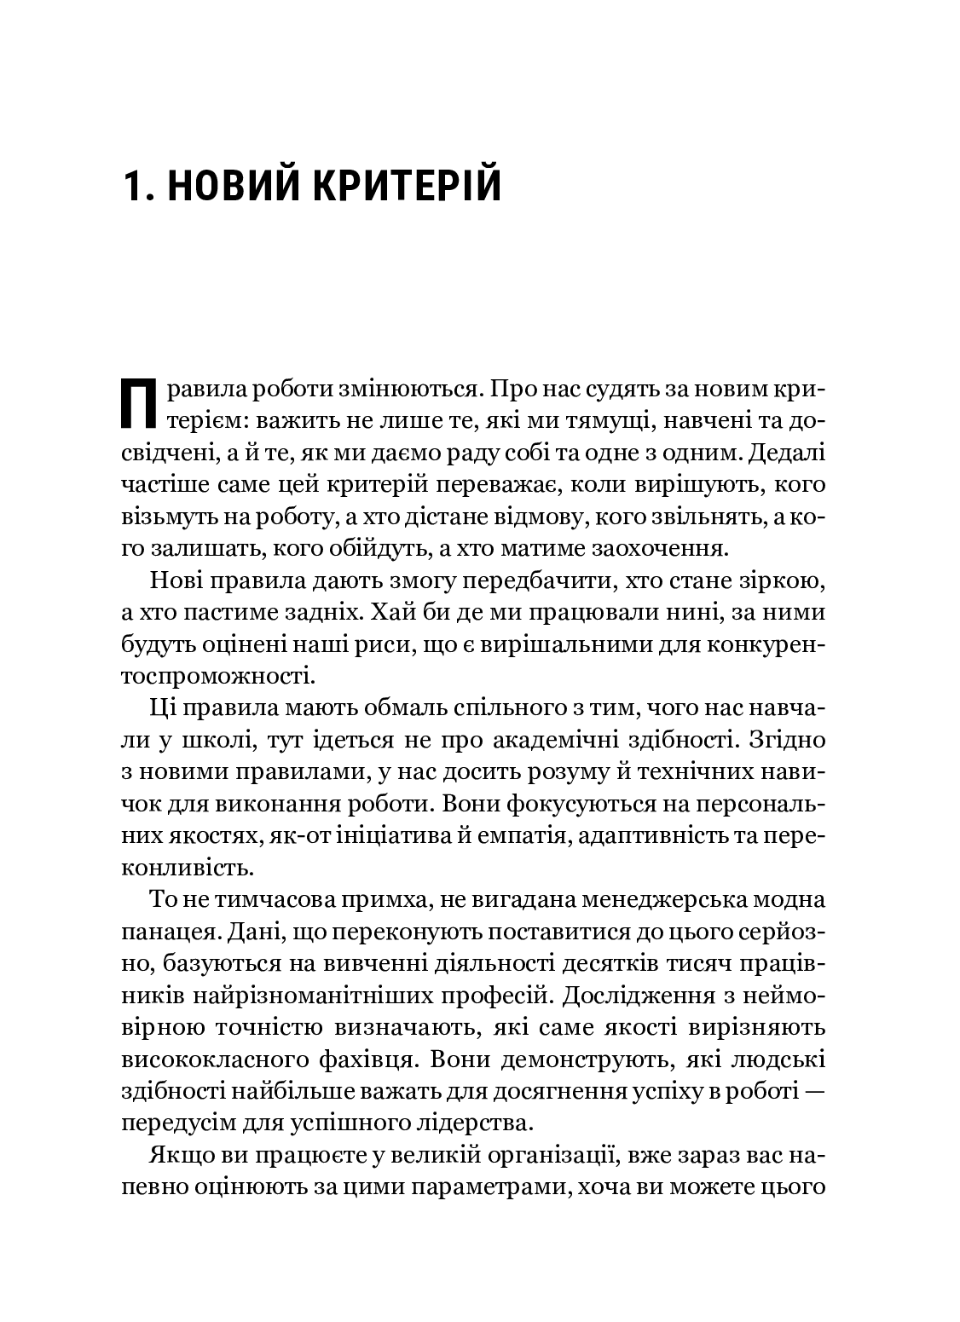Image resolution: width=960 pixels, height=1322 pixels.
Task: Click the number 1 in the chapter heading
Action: [x=133, y=185]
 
